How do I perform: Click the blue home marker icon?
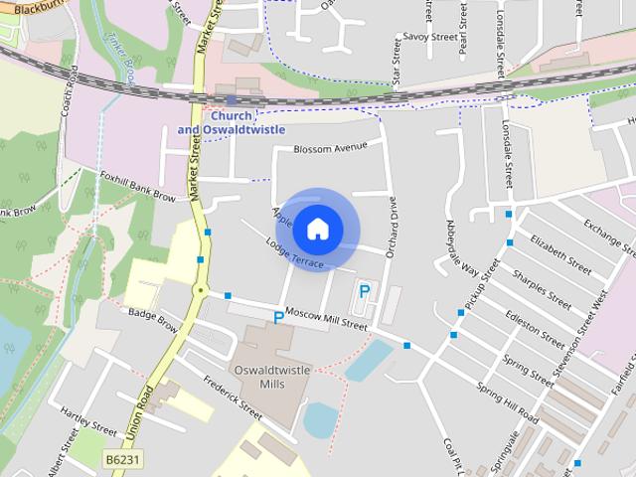tap(317, 229)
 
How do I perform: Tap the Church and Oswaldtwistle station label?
tap(231, 122)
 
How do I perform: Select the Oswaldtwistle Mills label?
tap(270, 376)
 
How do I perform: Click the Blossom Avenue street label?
tap(330, 149)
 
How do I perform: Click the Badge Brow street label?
tap(153, 319)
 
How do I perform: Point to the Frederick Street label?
tap(231, 397)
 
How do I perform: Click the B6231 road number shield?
tap(123, 460)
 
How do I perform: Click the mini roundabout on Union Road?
tap(201, 291)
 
